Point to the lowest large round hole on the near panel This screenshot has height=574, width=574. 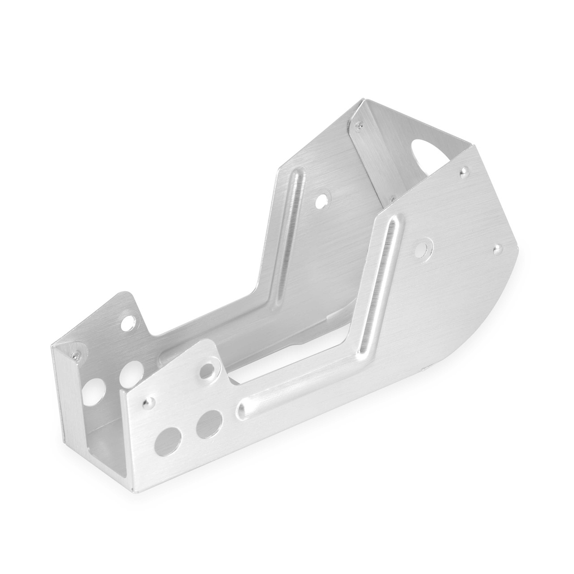click(x=166, y=439)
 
